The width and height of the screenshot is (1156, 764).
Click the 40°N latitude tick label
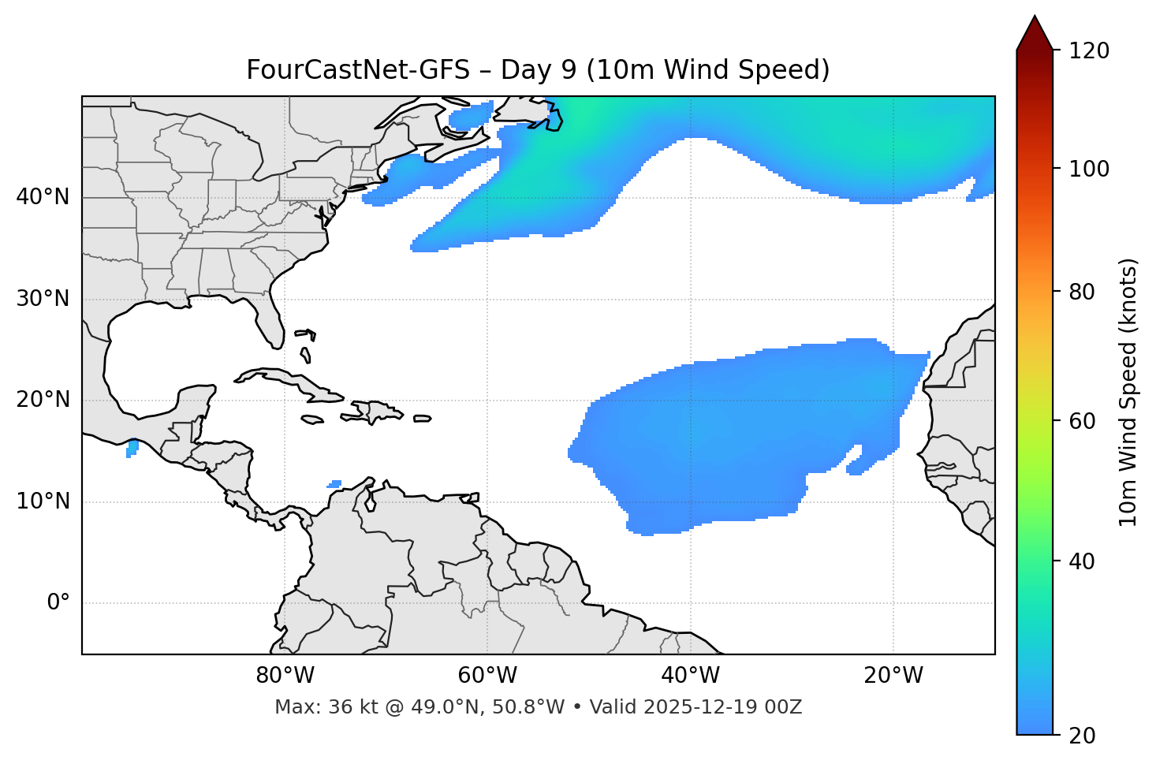coord(43,197)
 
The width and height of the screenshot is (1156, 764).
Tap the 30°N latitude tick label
coord(43,299)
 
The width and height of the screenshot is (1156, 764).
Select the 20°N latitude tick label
coord(43,400)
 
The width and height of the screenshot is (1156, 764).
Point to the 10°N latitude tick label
coord(43,501)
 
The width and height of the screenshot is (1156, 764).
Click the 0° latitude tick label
coord(58,603)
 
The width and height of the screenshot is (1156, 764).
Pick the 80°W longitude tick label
coord(285,676)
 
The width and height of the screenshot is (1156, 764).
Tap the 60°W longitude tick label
coord(487,676)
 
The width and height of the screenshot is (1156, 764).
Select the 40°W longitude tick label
coord(690,676)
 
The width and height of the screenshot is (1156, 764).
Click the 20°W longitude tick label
coord(893,676)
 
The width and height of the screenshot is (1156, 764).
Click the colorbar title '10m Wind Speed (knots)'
coord(1128,392)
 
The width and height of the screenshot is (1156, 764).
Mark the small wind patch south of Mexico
coord(132,449)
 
